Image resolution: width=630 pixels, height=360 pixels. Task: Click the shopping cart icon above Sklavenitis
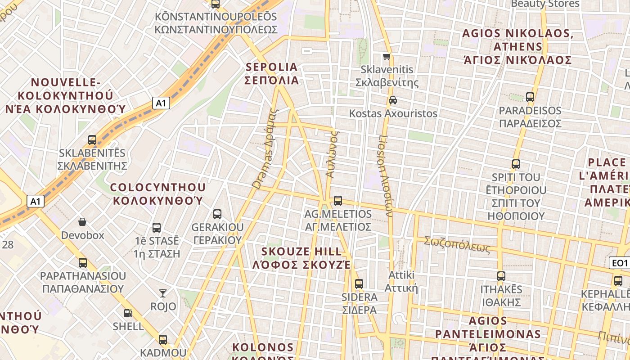point(387,57)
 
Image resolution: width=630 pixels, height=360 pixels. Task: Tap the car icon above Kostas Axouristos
point(393,100)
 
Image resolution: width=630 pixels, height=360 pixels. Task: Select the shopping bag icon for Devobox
point(82,222)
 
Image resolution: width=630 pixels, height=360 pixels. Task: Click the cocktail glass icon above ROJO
point(163,293)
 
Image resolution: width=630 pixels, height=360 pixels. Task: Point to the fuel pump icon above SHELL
point(128,313)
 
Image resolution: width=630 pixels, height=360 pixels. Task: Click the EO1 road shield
point(619,263)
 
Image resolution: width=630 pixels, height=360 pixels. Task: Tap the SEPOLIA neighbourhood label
point(272,74)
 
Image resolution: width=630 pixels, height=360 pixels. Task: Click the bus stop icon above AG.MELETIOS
point(338,201)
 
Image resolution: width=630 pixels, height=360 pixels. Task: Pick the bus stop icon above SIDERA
point(359,284)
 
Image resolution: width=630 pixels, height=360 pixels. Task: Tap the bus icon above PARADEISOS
point(530,97)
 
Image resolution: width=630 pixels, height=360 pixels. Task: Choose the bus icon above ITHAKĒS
point(501,276)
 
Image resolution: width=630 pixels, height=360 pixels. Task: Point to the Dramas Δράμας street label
point(265,148)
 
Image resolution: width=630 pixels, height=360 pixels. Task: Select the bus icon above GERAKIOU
point(217,214)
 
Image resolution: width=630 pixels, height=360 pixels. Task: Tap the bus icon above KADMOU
point(163,339)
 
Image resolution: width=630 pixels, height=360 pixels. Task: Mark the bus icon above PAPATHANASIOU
point(83,262)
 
